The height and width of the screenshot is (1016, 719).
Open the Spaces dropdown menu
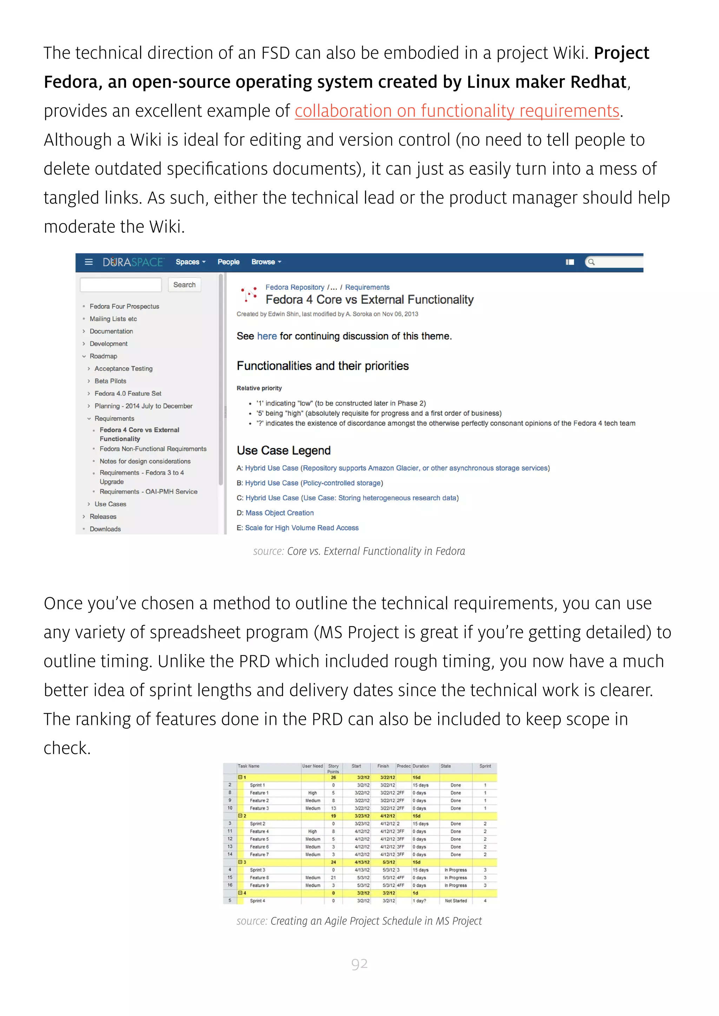point(190,262)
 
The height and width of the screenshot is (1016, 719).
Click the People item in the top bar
point(229,262)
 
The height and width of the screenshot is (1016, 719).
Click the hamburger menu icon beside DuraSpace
point(88,262)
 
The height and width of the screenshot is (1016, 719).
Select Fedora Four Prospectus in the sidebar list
point(124,306)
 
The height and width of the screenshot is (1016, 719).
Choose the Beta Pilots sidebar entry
point(110,381)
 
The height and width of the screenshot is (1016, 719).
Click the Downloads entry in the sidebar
point(105,529)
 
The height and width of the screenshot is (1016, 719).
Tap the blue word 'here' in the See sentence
point(266,336)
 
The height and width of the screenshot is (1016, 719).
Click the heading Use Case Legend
point(283,450)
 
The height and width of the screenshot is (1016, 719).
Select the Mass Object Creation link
point(279,513)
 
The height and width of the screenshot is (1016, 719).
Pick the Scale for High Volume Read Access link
point(302,528)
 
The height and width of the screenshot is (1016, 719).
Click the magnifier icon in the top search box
point(591,262)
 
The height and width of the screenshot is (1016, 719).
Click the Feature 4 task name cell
point(259,831)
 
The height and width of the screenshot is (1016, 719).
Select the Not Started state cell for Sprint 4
point(456,901)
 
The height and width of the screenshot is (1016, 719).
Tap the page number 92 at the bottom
point(359,963)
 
